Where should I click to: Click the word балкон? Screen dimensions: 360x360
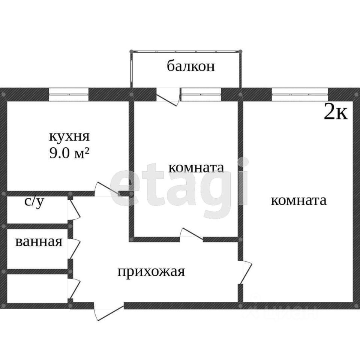191,66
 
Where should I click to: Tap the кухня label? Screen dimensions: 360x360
69,137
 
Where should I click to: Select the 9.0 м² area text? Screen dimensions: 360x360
69,153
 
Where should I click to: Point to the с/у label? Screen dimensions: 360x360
34,202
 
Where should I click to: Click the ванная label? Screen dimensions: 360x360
39,242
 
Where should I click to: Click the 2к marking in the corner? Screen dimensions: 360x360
336,112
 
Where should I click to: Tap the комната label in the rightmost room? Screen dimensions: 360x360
298,200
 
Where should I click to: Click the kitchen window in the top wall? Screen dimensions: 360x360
69,94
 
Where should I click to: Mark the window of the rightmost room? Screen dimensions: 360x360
300,94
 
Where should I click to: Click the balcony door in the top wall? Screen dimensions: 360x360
168,97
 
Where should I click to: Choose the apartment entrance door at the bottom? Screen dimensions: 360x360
109,310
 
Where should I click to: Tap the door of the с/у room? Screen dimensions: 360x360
74,210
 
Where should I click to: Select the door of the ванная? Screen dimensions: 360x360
74,249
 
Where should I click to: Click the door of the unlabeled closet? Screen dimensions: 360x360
74,288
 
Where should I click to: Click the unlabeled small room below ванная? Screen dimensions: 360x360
37,289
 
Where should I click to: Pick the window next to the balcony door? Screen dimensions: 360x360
201,94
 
